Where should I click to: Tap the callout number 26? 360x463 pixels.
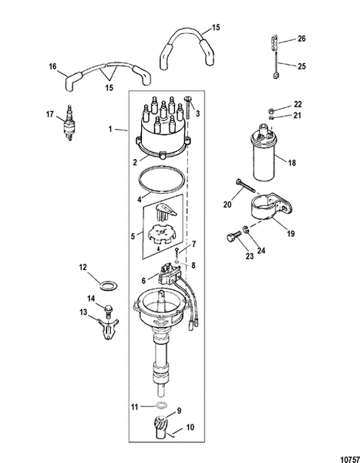click(301, 38)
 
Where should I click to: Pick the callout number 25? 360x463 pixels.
click(301, 66)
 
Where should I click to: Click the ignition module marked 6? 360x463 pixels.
click(171, 271)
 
